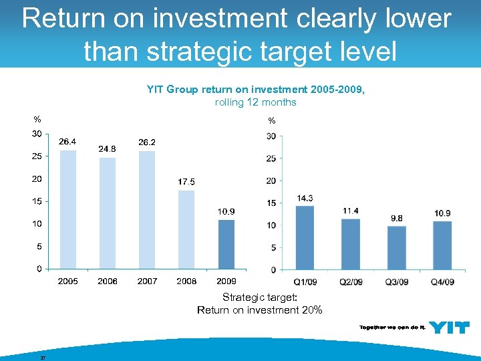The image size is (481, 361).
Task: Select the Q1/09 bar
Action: (305, 237)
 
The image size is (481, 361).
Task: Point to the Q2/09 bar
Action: (350, 244)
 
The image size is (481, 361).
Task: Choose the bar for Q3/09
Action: (397, 247)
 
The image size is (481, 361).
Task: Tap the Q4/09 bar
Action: (442, 245)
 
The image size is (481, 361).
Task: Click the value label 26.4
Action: (68, 142)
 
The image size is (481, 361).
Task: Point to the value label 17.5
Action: (186, 182)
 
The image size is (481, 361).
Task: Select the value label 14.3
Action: (305, 199)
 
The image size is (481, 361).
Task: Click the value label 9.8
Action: (397, 219)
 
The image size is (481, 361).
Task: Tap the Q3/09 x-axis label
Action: (397, 282)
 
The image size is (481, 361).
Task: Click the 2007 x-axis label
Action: (147, 281)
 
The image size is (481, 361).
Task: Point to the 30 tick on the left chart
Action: (37, 134)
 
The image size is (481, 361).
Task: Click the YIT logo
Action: (448, 327)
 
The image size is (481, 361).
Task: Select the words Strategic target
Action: (259, 297)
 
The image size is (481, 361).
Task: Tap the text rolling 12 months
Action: (255, 102)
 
